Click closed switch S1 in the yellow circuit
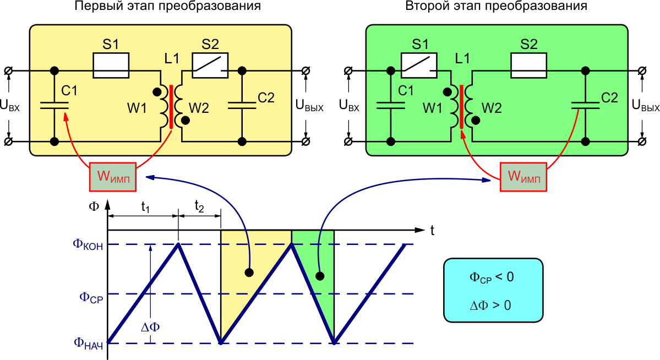pos(111,65)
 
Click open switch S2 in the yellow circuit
pos(210,65)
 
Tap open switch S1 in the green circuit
pos(419,65)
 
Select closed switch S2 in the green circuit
pos(529,65)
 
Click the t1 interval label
pos(146,207)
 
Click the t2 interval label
pos(199,207)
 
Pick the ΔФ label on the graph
pos(151,327)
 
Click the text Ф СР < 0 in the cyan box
pos(492,277)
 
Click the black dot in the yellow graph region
pos(249,272)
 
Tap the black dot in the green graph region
pos(319,275)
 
